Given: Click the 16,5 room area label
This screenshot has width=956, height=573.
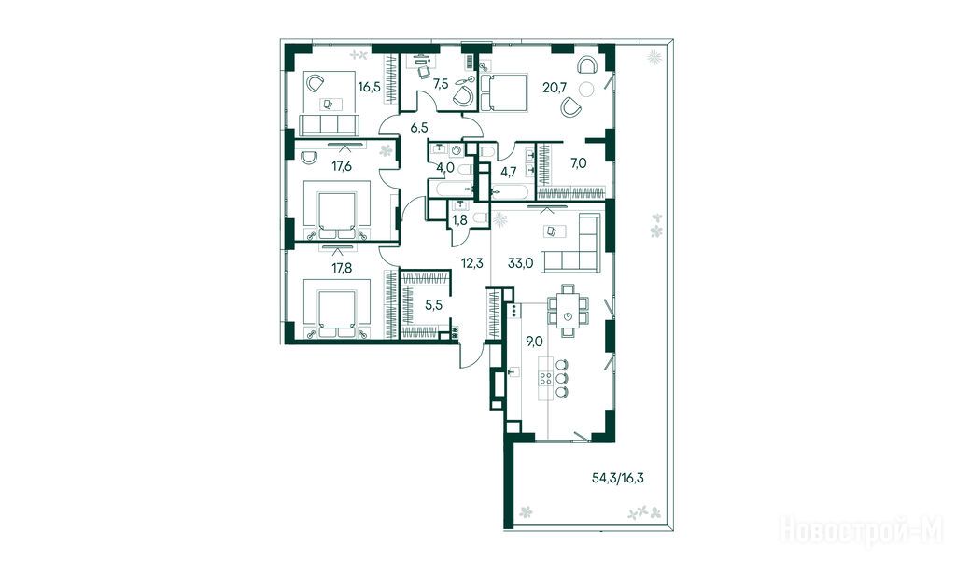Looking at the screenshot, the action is (x=370, y=87).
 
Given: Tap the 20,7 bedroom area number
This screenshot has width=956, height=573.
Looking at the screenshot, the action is (x=555, y=87).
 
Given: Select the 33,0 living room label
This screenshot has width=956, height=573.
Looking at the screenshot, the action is (x=521, y=263).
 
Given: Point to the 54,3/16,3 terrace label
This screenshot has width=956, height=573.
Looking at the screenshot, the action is (x=618, y=478).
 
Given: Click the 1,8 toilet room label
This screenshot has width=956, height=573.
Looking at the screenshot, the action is (x=460, y=220).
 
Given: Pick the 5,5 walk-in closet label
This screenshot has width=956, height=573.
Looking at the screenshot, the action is (x=433, y=305).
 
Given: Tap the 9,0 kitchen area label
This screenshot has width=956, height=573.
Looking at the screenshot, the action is (x=535, y=342).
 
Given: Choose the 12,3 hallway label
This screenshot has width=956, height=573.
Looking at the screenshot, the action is (x=471, y=263).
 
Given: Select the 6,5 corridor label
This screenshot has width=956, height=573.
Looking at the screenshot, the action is (x=419, y=128).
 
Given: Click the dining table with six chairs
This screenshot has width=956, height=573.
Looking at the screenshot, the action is (x=569, y=310).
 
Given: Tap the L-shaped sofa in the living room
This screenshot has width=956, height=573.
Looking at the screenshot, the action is (x=571, y=244).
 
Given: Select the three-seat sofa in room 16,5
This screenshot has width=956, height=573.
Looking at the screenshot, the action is (x=328, y=124).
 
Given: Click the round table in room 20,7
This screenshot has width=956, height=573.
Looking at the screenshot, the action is (x=586, y=89).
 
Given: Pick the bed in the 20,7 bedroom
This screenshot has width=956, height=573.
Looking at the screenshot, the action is (x=503, y=92).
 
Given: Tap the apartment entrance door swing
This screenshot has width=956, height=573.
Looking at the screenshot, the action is (x=471, y=356).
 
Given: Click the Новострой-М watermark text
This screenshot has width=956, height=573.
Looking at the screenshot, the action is (x=861, y=529).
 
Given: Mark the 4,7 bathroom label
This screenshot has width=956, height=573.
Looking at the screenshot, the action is (x=509, y=172).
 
